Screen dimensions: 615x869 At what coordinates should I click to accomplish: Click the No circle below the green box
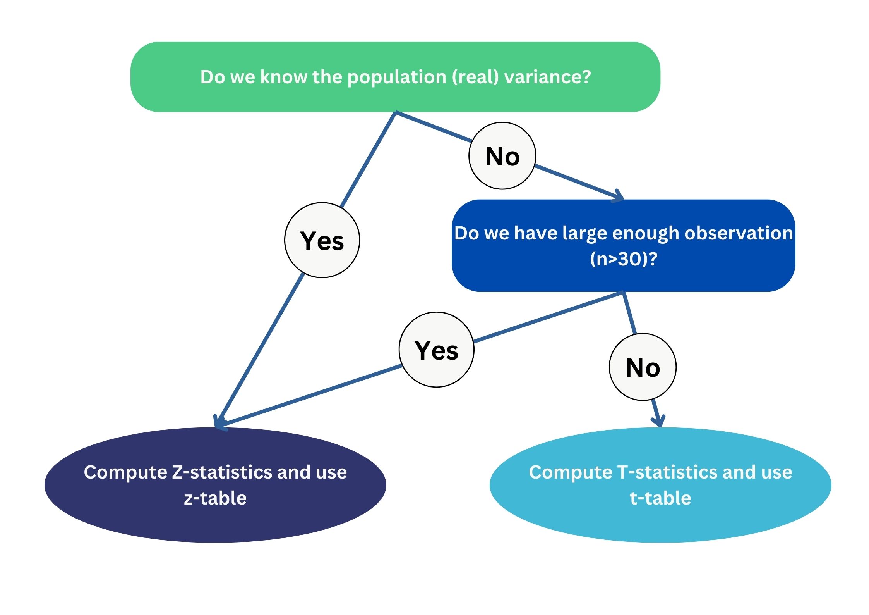tap(502, 156)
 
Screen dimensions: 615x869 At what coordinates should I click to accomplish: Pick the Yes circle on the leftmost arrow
tap(322, 240)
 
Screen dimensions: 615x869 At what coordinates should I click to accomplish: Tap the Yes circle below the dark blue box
tap(436, 350)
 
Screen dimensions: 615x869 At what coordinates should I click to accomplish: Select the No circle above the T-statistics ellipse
tap(643, 367)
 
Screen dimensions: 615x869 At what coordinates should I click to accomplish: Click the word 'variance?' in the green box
tap(547, 77)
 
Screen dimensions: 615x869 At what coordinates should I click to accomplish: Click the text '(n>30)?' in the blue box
tap(623, 259)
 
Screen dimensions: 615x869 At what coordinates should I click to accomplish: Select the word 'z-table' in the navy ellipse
tap(215, 498)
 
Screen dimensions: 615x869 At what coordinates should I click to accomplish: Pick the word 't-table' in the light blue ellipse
tap(660, 498)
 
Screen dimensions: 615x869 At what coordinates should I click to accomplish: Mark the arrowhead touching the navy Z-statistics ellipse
tap(219, 423)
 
